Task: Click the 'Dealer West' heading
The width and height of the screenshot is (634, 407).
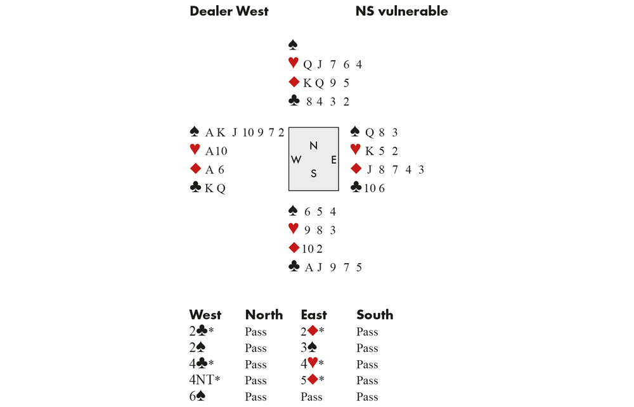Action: [229, 11]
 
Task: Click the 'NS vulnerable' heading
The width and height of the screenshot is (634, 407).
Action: [401, 11]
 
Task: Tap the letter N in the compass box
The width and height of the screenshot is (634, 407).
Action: [313, 146]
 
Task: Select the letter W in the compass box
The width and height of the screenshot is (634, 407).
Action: [296, 160]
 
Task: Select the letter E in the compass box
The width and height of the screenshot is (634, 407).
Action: [333, 160]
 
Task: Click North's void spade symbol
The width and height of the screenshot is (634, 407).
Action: [293, 45]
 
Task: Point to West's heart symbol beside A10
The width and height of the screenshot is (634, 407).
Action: [195, 151]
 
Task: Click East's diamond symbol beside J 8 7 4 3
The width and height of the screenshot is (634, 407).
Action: [356, 169]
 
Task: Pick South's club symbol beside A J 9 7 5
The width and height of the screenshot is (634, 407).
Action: [294, 268]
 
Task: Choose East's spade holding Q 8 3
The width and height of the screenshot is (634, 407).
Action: [382, 132]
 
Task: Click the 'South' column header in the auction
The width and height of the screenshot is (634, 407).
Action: [375, 315]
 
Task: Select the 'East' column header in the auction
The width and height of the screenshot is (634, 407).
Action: [314, 315]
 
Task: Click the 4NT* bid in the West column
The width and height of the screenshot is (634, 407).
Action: [202, 380]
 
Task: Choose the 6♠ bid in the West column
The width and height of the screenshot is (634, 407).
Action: [197, 397]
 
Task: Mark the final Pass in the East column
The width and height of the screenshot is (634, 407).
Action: [311, 397]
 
